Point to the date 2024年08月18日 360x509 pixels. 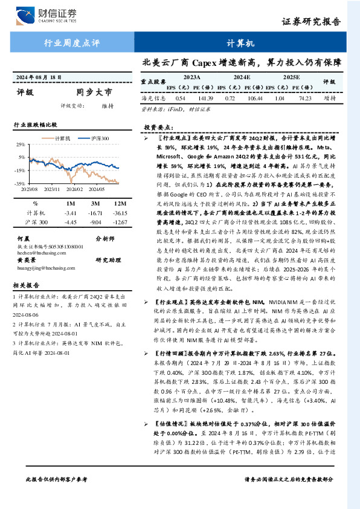click(x=40, y=78)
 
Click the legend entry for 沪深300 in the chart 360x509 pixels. click(x=97, y=138)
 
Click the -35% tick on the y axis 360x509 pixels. click(x=20, y=183)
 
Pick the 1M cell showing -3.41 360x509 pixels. click(x=70, y=213)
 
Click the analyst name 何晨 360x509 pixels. click(x=23, y=238)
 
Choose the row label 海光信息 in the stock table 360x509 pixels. click(x=153, y=97)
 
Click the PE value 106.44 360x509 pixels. click(x=256, y=97)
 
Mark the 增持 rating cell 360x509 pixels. click(x=330, y=97)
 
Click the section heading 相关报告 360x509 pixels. click(x=26, y=284)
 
